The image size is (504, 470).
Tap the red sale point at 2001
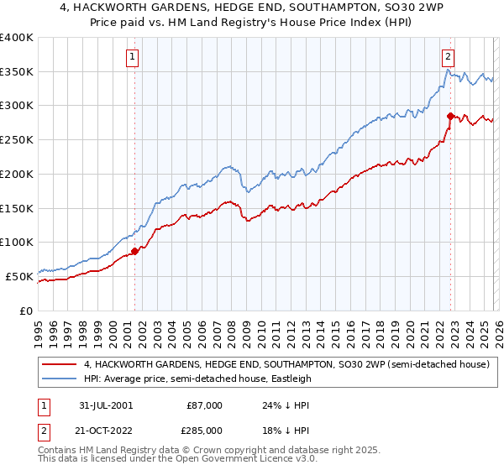point(134,250)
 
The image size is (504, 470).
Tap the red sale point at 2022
point(450,116)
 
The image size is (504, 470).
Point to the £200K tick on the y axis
point(17,174)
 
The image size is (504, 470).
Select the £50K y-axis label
point(20,276)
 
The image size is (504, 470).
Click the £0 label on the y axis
point(27,311)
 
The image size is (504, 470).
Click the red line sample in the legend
point(60,364)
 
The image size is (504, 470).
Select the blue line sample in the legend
point(60,379)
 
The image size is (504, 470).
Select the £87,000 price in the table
point(204,405)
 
